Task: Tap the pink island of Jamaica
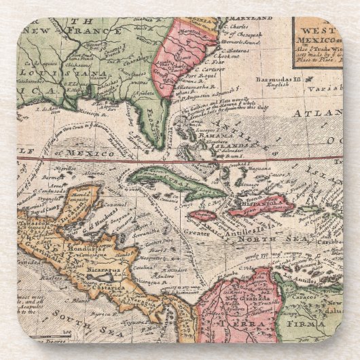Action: [x=202, y=215]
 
